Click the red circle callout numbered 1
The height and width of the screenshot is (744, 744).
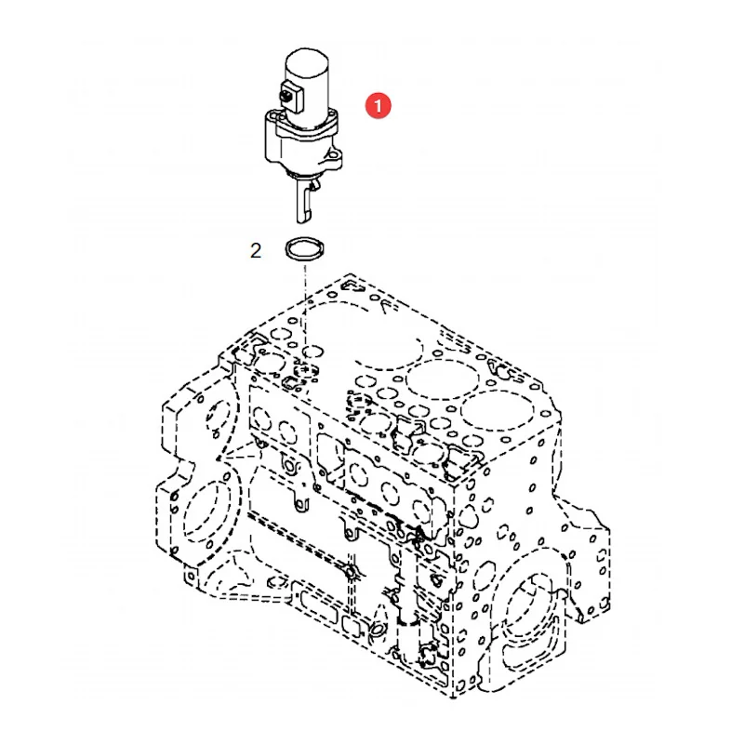pyautogui.click(x=378, y=105)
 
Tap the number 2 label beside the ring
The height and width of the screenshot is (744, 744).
pyautogui.click(x=256, y=250)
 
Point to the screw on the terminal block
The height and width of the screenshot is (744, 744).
pyautogui.click(x=286, y=97)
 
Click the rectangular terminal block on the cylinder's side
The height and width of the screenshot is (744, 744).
pyautogui.click(x=291, y=97)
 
